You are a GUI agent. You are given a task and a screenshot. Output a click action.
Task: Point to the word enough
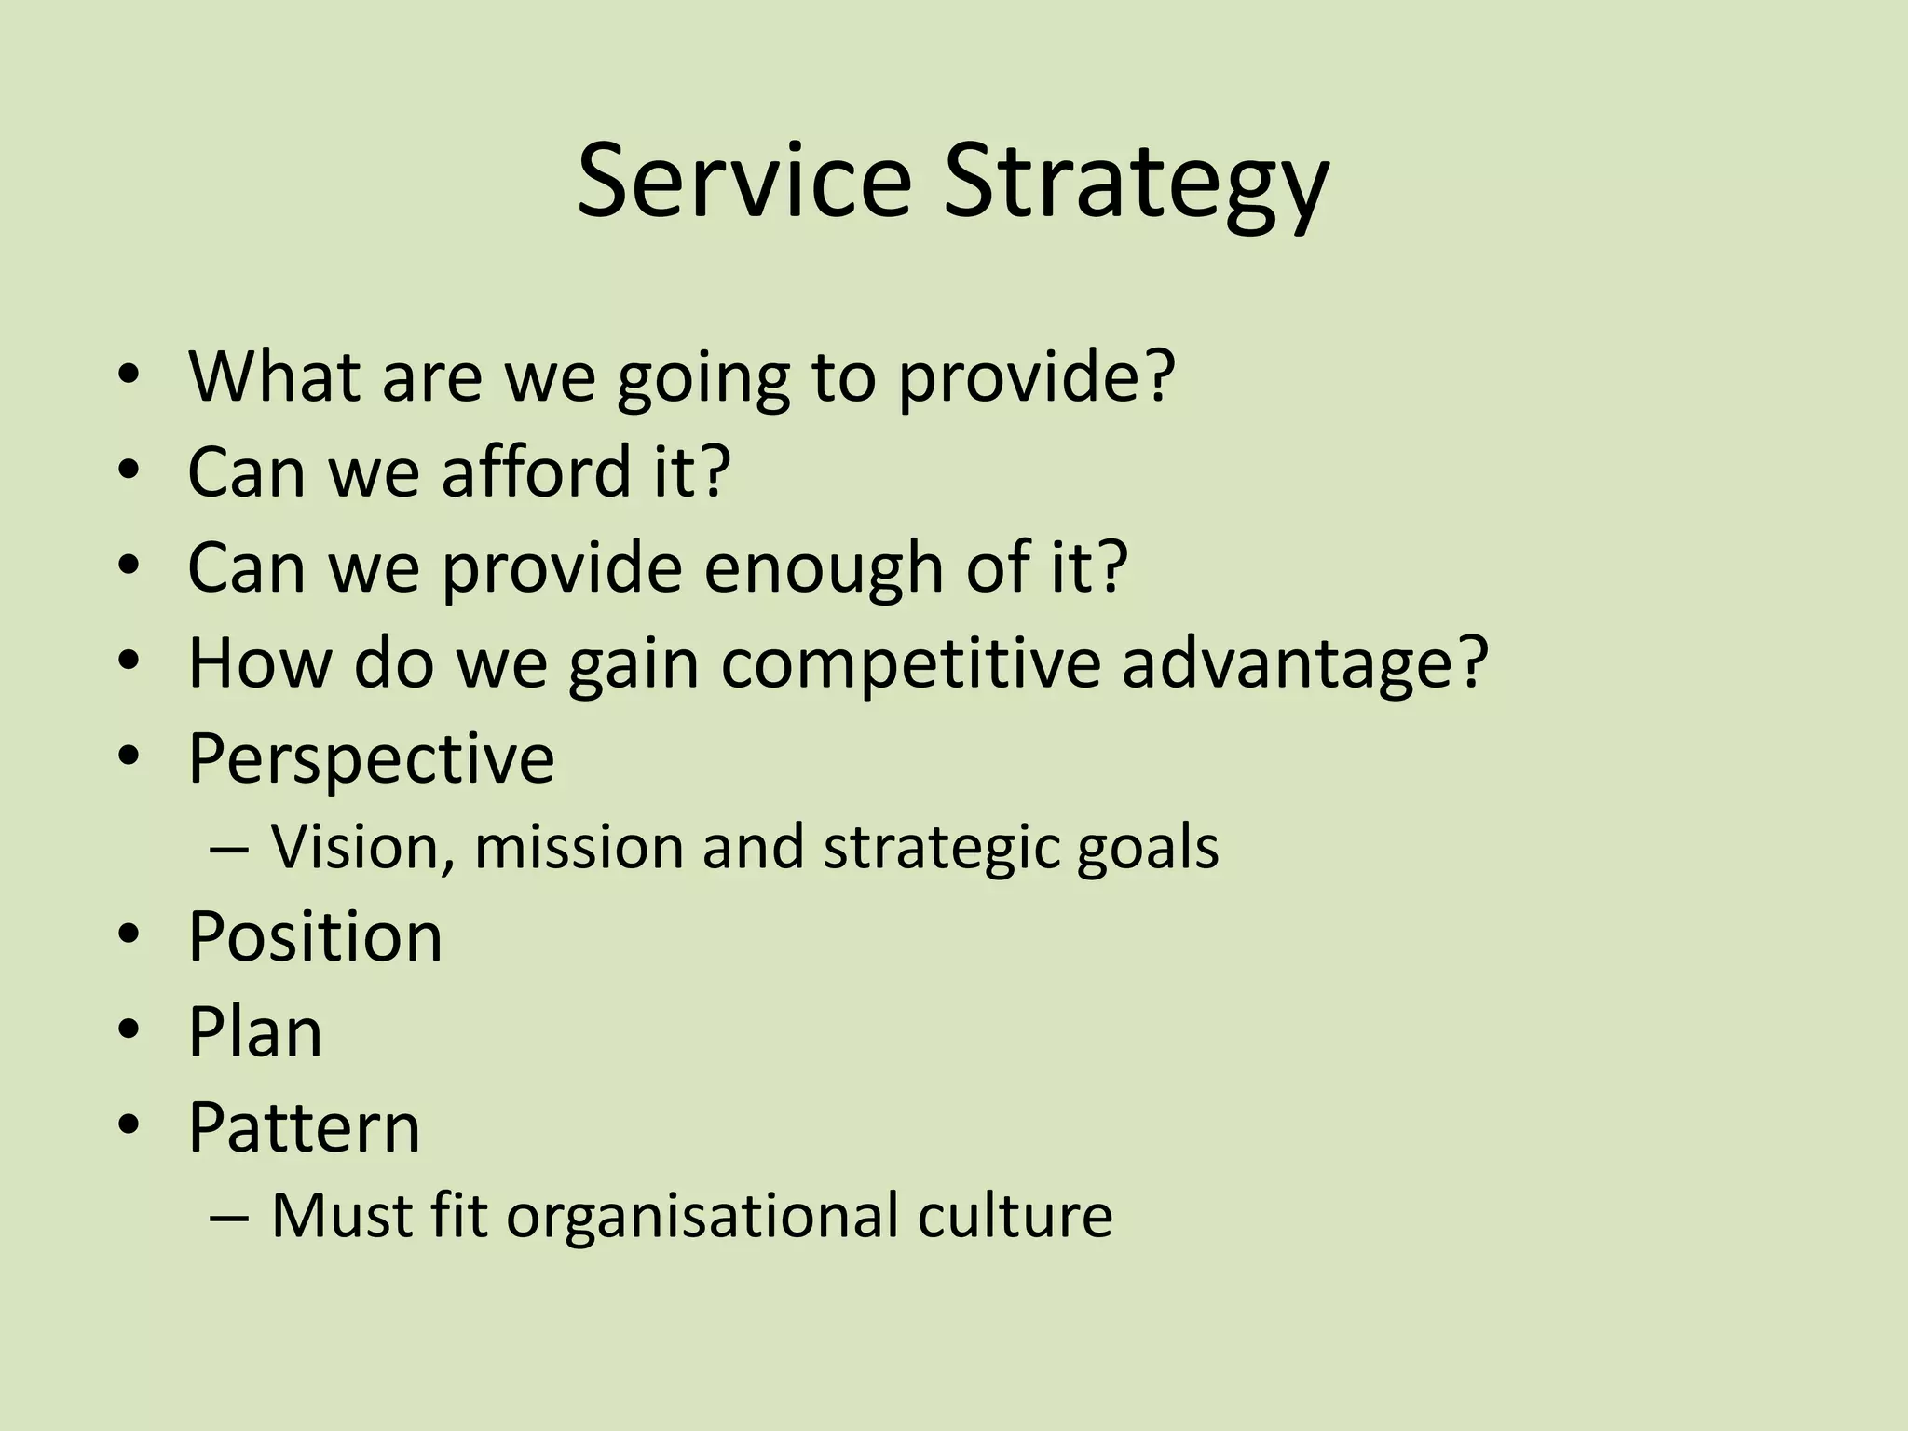coord(824,568)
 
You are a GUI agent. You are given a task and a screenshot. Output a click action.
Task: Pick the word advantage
coord(1304,665)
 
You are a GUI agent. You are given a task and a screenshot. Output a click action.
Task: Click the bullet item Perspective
coord(371,759)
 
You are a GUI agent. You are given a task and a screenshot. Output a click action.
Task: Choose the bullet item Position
coord(315,936)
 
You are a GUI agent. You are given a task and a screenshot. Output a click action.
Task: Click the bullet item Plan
coord(254,1032)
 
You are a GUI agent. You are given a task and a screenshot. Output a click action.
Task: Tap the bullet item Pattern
coord(304,1128)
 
